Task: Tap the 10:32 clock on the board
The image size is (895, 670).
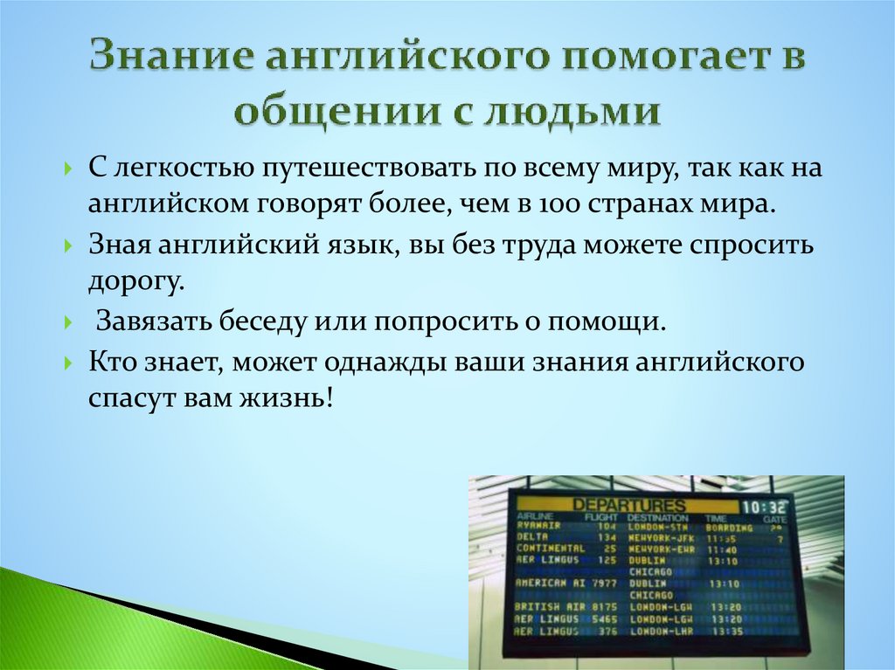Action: (763, 507)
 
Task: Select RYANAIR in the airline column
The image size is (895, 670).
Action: (538, 527)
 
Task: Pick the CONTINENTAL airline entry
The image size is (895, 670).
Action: (550, 549)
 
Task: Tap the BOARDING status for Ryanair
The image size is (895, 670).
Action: (731, 528)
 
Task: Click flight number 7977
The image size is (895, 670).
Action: (603, 583)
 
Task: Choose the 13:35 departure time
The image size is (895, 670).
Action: (725, 630)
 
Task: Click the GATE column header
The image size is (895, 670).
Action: (774, 518)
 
